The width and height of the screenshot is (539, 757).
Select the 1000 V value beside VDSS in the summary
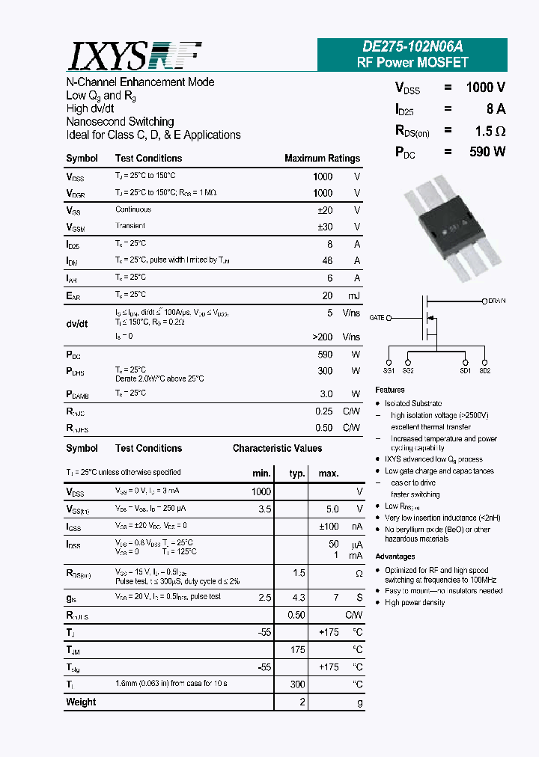pyautogui.click(x=485, y=88)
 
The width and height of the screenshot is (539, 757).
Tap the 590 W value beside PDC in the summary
pyautogui.click(x=487, y=152)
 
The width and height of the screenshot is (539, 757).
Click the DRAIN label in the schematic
pyautogui.click(x=496, y=301)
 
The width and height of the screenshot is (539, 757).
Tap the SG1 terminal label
pyautogui.click(x=389, y=370)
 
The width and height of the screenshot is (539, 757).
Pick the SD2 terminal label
pyautogui.click(x=484, y=370)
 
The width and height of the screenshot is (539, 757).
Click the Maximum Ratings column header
pyautogui.click(x=322, y=159)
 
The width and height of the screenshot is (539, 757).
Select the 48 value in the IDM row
pyautogui.click(x=327, y=260)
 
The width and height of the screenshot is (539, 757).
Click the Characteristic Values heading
pyautogui.click(x=277, y=449)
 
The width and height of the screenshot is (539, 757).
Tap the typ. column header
pyautogui.click(x=297, y=473)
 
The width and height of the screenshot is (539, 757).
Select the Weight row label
pyautogui.click(x=81, y=702)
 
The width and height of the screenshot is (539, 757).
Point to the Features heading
pyautogui.click(x=390, y=390)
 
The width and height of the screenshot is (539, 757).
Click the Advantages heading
pyautogui.click(x=395, y=557)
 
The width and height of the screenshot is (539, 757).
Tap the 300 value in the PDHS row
pyautogui.click(x=324, y=371)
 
